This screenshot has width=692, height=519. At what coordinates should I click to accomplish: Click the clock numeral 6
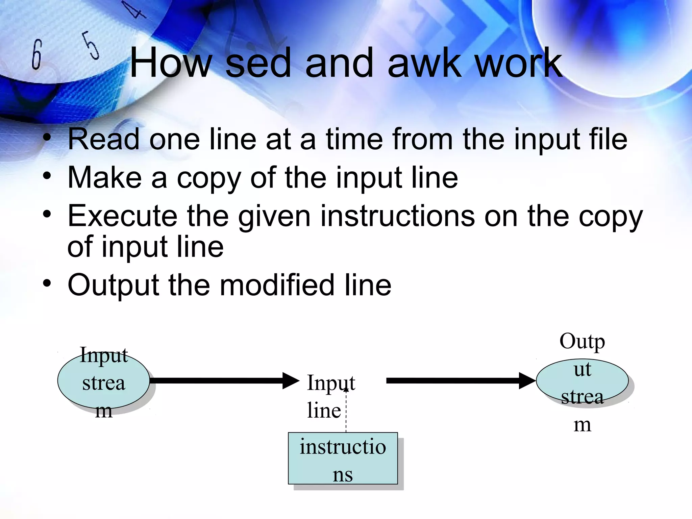(36, 54)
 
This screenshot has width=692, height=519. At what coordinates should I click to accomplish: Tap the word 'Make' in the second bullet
(104, 178)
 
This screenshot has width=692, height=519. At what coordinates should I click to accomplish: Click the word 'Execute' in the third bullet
(122, 216)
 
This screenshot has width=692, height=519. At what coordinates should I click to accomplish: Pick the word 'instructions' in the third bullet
(397, 216)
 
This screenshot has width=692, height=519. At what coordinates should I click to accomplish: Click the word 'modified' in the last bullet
(277, 285)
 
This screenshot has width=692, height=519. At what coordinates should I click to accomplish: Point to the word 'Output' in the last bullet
(113, 285)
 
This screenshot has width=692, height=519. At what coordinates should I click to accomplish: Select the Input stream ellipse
(103, 381)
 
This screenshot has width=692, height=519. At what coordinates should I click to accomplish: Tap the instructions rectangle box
(343, 458)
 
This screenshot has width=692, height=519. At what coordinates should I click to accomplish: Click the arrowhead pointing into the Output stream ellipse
(527, 381)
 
